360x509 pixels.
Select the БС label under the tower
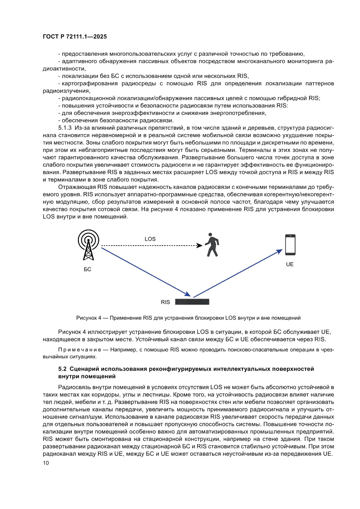(87, 270)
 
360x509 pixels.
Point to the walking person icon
(212, 246)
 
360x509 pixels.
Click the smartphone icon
(290, 245)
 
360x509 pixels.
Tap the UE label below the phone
(290, 264)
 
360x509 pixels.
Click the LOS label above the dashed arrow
(150, 239)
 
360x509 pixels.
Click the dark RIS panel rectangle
(192, 301)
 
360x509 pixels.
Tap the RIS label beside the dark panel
(165, 302)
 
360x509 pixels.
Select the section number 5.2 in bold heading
(63, 369)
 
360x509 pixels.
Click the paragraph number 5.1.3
(65, 128)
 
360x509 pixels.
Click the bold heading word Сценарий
(88, 369)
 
